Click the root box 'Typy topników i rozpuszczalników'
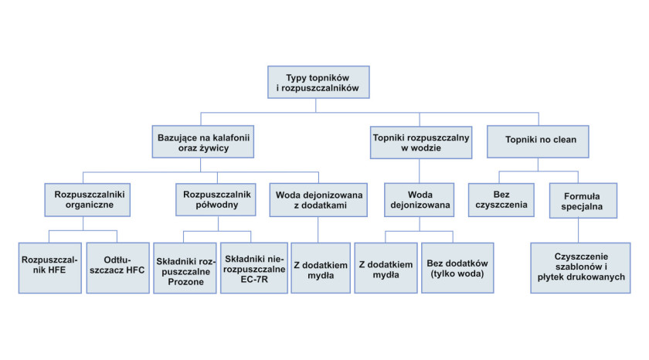(318, 82)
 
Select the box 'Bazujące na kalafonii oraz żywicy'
(202, 141)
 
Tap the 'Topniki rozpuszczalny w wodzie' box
(421, 142)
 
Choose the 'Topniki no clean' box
(538, 141)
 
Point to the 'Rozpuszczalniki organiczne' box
(87, 200)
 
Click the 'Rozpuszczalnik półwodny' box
(216, 199)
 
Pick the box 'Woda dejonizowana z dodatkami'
(318, 200)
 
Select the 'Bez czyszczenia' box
(501, 200)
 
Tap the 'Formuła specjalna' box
(583, 201)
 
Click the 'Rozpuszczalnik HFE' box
(49, 268)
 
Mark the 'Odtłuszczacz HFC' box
(118, 268)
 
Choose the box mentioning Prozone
(185, 268)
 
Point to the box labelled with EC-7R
(254, 268)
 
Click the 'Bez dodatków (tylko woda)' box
(457, 268)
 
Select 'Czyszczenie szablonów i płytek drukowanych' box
(580, 268)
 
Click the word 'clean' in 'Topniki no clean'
(565, 140)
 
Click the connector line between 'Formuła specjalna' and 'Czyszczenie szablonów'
(578, 230)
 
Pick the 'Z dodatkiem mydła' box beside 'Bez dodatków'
(386, 268)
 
